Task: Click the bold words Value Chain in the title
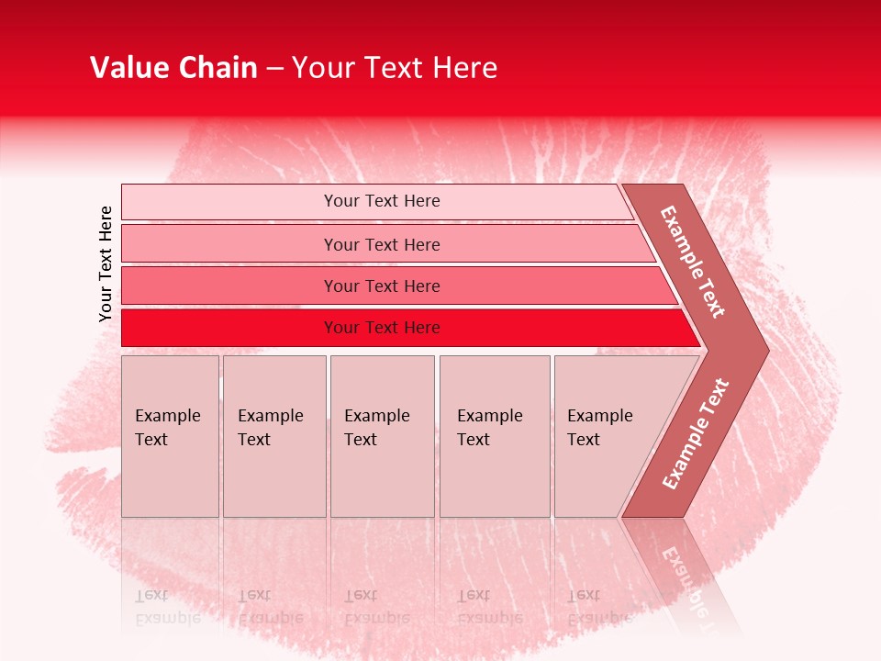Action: click(x=173, y=68)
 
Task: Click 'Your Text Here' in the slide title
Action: click(x=395, y=68)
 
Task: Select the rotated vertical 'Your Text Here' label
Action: click(x=106, y=263)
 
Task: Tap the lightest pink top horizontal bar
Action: click(x=229, y=202)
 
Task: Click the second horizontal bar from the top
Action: click(x=229, y=244)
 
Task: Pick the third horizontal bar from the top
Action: click(x=229, y=286)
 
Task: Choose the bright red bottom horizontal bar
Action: click(x=229, y=328)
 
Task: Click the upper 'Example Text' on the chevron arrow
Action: click(x=693, y=262)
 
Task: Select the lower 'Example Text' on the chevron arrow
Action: click(x=696, y=434)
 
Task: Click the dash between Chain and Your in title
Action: click(x=274, y=68)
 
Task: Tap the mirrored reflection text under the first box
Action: click(x=167, y=607)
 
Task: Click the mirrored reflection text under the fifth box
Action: click(x=599, y=607)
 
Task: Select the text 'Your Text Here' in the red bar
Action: click(x=382, y=328)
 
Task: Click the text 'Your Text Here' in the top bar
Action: click(x=382, y=201)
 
